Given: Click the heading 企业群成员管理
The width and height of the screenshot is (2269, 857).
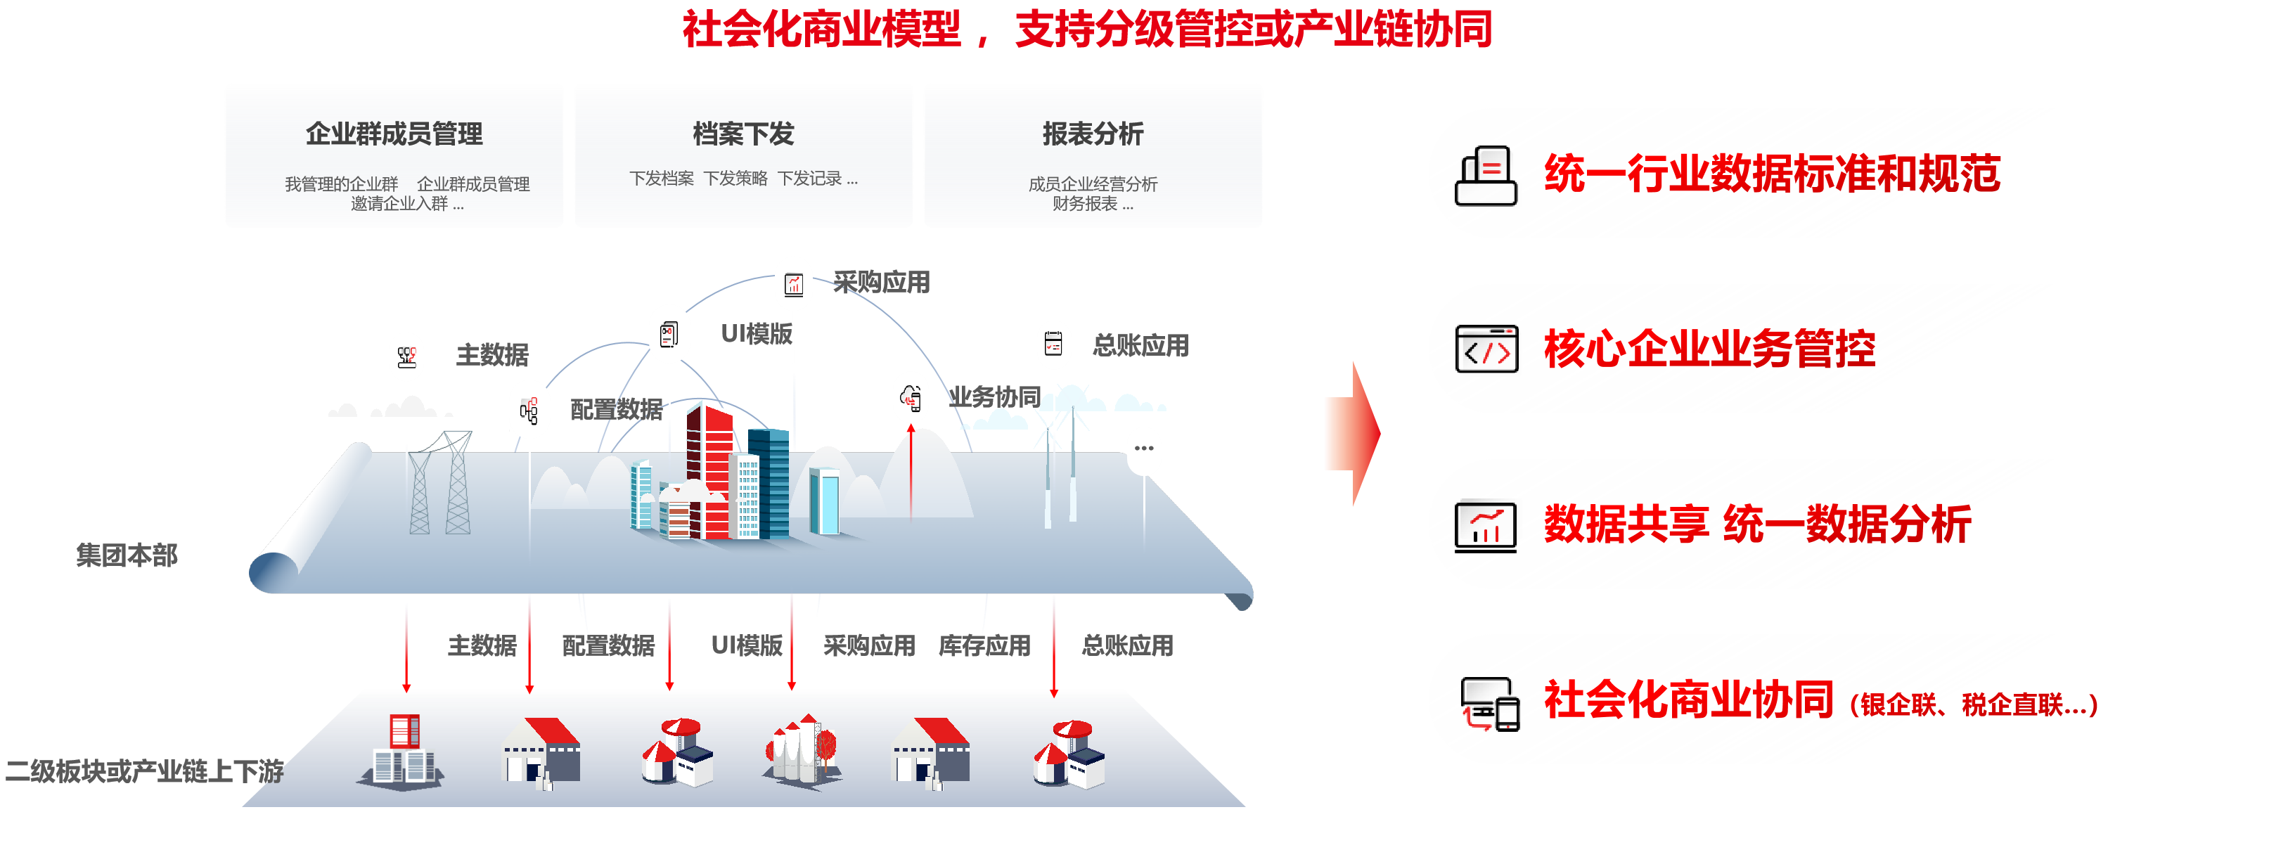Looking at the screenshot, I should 394,134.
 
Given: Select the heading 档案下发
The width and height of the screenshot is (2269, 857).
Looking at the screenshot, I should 743,134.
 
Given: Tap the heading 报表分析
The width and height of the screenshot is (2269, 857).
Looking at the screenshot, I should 1092,134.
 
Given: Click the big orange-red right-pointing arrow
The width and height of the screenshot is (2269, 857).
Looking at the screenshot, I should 1353,433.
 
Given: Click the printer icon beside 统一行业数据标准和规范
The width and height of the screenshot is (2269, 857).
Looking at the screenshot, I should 1486,175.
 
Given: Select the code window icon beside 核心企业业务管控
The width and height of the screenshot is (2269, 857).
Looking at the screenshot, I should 1486,349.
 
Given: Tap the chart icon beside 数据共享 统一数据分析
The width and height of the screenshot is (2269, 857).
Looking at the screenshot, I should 1486,526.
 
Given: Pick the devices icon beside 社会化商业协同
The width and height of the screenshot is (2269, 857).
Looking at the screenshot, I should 1489,703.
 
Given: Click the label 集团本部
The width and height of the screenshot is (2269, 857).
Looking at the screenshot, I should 127,555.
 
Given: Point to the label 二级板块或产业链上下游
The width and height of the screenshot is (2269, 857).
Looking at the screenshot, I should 144,771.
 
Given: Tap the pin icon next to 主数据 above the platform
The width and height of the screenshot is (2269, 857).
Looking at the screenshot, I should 406,356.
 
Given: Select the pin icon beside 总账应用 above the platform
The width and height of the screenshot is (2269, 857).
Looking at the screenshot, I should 1053,344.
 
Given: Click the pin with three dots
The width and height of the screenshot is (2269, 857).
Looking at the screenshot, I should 1143,449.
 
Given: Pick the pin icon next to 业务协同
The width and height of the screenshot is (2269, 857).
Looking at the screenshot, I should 911,397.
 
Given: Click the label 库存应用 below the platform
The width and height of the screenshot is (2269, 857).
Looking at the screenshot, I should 984,645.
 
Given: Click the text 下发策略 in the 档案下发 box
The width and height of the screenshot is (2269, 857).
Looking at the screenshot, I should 735,179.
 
